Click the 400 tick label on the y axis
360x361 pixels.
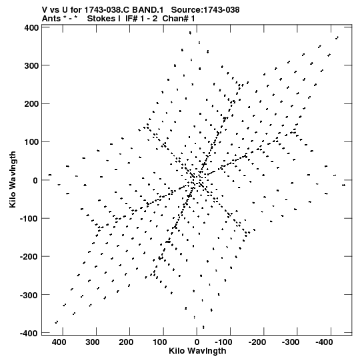click(x=31, y=28)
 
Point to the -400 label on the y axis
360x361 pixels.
click(x=29, y=333)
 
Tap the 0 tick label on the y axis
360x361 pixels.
click(x=35, y=180)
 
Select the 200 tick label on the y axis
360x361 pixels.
click(x=31, y=104)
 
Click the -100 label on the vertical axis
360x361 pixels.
click(x=29, y=218)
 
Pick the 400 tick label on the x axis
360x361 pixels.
click(x=59, y=342)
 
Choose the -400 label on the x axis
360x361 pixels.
click(x=324, y=342)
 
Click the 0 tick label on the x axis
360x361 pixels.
click(x=197, y=342)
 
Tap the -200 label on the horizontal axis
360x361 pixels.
click(x=257, y=342)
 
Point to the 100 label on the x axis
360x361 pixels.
click(x=159, y=342)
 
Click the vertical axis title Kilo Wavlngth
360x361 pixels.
click(x=13, y=179)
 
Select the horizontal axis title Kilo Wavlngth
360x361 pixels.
click(x=197, y=351)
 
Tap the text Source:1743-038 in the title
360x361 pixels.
click(x=205, y=10)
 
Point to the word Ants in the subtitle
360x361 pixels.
click(x=51, y=19)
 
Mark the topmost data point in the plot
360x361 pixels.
click(x=190, y=33)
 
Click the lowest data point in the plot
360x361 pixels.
click(x=203, y=327)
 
